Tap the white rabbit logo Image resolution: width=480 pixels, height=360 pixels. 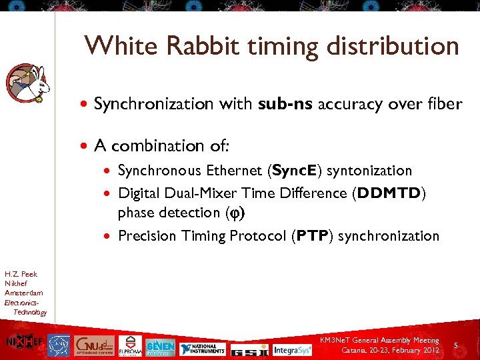coord(28,83)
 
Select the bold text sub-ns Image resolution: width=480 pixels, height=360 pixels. coord(281,104)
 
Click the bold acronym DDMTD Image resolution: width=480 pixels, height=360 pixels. coord(389,193)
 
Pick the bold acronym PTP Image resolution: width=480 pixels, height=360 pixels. coord(311,236)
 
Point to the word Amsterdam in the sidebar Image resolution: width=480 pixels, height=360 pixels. coord(23,293)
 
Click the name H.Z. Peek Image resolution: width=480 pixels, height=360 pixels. coord(21,274)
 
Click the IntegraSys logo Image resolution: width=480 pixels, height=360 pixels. coord(292,348)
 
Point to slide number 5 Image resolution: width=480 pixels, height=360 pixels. coord(455,345)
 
